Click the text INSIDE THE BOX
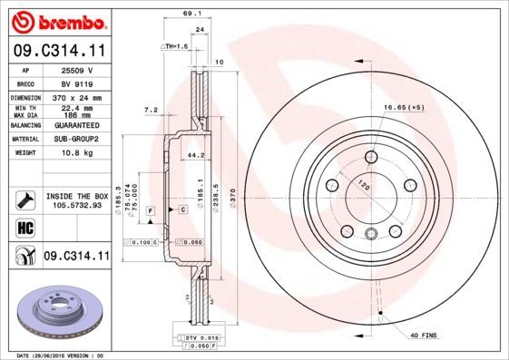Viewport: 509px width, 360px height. tap(77, 196)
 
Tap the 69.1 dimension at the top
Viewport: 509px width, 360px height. tap(191, 14)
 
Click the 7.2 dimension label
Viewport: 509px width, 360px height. tap(151, 110)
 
